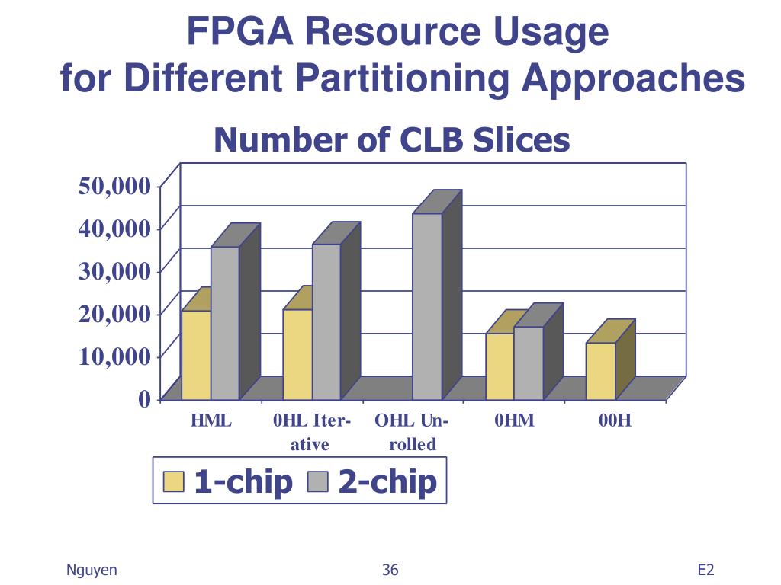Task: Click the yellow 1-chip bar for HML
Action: point(196,355)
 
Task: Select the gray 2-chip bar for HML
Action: point(224,323)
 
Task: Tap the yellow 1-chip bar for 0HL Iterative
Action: point(297,354)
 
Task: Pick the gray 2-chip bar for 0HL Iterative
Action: point(326,321)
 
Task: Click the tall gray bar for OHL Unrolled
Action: point(427,306)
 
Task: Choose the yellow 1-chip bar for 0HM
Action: point(500,366)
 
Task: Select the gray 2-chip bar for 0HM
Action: point(528,363)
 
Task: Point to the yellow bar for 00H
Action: point(600,371)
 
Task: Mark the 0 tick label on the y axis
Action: point(144,398)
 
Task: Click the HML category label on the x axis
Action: point(211,420)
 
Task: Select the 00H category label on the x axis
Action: point(615,420)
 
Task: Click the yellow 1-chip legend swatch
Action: point(174,481)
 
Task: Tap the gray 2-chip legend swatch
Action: point(317,481)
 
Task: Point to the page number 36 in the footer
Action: point(390,570)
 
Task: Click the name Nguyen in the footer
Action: point(92,570)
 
